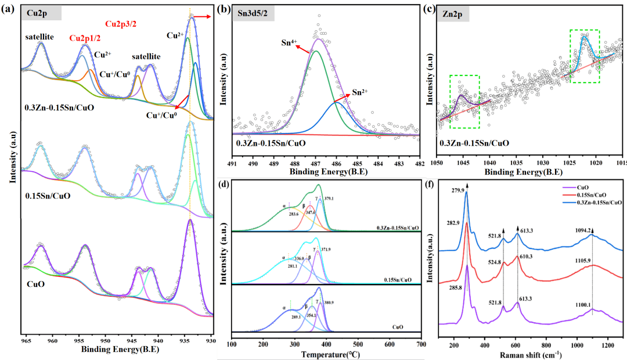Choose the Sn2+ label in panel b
click(x=361, y=93)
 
